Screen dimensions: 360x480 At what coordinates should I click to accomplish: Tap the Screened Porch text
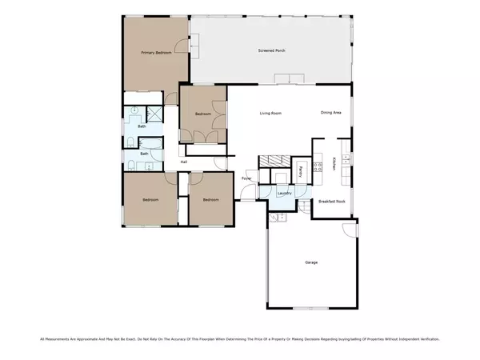(x=272, y=50)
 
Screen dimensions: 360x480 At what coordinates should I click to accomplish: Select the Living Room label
(x=270, y=113)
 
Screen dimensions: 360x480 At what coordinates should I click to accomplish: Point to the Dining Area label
(x=331, y=113)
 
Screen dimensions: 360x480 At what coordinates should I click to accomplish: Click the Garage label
(x=311, y=262)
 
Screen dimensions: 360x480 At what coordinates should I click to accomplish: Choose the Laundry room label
(x=283, y=194)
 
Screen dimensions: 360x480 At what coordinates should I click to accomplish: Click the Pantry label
(x=301, y=170)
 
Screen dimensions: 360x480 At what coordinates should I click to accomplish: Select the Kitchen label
(x=334, y=165)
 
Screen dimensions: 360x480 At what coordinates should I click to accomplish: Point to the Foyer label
(x=246, y=178)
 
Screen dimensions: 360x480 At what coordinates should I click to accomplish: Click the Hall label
(x=183, y=162)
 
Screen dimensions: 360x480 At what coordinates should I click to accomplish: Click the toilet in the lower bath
(x=130, y=166)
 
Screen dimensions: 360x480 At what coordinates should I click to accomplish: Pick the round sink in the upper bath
(x=135, y=110)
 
